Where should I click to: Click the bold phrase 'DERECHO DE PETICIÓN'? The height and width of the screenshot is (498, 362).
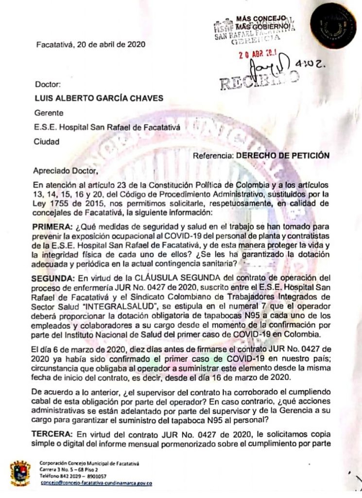pos(283,156)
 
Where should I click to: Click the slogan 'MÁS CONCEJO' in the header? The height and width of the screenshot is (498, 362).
pos(261,18)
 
